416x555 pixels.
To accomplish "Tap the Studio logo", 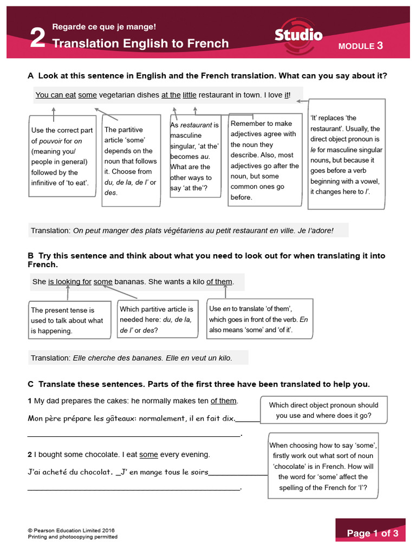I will (298, 36).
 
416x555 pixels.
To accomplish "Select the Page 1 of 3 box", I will (372, 533).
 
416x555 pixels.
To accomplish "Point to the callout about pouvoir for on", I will (61, 156).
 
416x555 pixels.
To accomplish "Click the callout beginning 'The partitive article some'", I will (131, 161).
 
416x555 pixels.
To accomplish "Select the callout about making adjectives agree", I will (264, 160).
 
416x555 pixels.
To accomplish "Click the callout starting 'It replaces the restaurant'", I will (347, 154).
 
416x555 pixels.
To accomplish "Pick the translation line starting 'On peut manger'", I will (188, 230).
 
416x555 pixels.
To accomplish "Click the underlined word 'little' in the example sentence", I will (189, 95).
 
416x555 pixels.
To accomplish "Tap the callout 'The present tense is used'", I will (67, 320).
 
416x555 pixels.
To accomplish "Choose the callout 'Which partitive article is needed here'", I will (157, 319).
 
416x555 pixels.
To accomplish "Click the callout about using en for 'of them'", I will (259, 319).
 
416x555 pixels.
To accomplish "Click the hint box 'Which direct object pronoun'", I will (323, 410).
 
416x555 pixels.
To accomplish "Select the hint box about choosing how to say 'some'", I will (323, 466).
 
